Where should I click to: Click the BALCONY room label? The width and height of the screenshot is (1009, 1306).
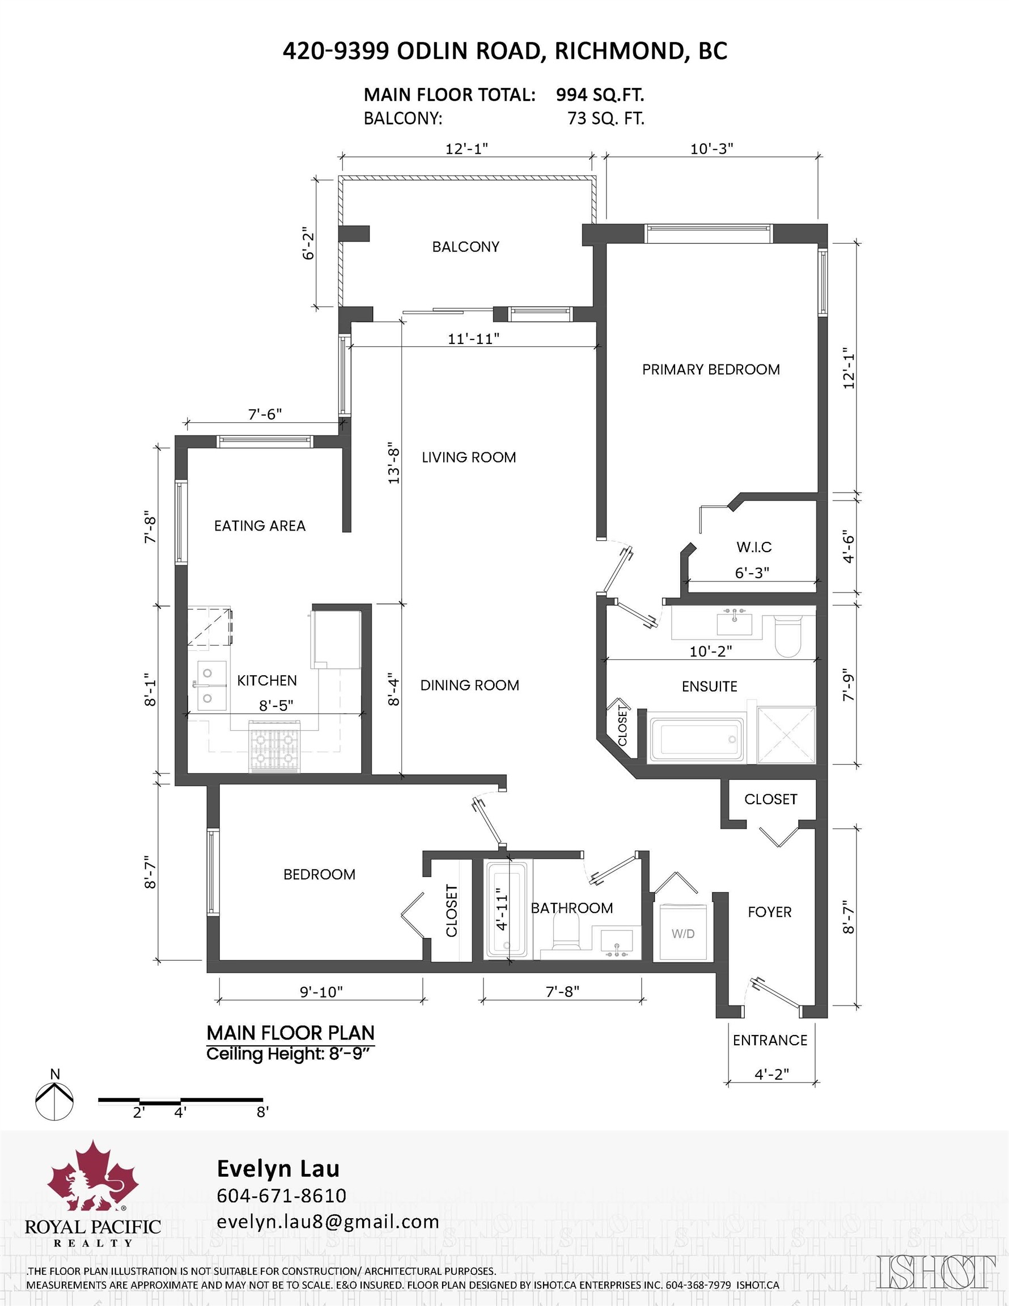[x=465, y=247]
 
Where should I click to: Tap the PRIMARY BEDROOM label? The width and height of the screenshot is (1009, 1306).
[x=710, y=370]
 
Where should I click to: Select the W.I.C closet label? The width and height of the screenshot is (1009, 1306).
[x=753, y=546]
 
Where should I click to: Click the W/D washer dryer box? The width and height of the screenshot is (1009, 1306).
[x=682, y=934]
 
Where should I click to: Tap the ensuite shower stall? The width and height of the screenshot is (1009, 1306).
[x=786, y=736]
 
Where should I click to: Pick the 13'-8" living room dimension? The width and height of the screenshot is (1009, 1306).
[x=393, y=464]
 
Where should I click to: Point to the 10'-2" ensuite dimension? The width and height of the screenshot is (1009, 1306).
[x=710, y=651]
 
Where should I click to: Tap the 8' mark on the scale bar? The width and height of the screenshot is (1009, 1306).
[x=262, y=1112]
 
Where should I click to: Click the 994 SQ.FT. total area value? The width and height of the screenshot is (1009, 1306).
[x=599, y=95]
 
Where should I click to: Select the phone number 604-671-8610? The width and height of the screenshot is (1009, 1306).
[x=281, y=1195]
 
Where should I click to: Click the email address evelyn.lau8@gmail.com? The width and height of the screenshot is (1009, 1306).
[x=328, y=1222]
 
